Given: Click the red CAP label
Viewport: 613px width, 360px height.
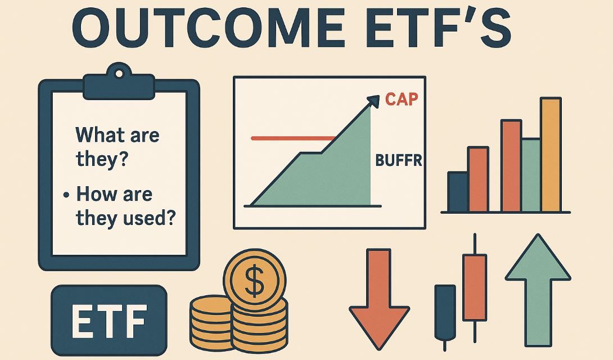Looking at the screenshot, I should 402,100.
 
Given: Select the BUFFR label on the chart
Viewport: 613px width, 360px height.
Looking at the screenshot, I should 398,161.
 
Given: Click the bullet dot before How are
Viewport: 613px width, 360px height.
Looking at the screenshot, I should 66,195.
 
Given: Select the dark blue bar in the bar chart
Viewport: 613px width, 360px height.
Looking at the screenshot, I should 457,191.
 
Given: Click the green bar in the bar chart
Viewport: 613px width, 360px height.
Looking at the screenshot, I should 531,174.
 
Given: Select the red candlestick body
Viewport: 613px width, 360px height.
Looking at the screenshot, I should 474,287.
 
